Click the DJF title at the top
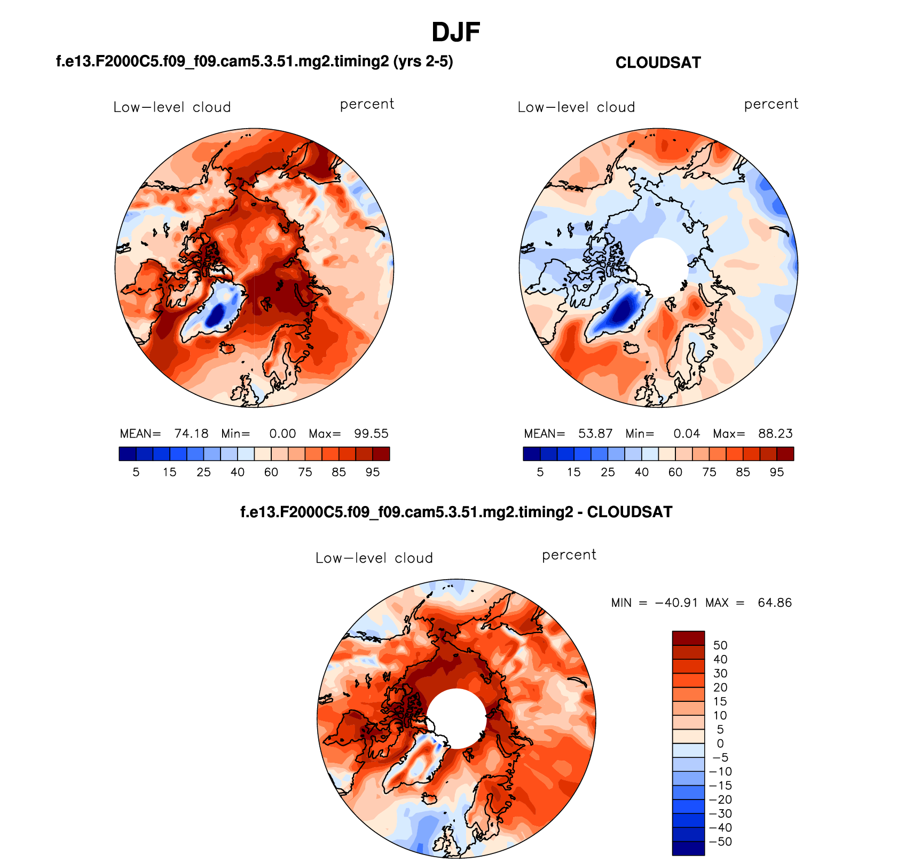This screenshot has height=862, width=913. click(x=455, y=33)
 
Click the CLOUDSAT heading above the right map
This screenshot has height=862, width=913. click(x=658, y=63)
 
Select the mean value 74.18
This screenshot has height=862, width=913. click(x=191, y=433)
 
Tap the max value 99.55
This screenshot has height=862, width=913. click(x=371, y=433)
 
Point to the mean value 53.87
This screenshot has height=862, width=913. click(x=595, y=433)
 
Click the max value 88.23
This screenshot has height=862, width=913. click(x=775, y=433)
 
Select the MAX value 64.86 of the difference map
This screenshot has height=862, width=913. click(x=775, y=603)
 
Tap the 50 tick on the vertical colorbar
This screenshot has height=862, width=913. click(x=720, y=645)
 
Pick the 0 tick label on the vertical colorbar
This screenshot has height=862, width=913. click(x=720, y=744)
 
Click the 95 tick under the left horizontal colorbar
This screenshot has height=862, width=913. click(x=373, y=472)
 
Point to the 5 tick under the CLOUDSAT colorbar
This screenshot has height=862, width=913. click(x=540, y=472)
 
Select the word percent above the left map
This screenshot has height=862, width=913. click(x=367, y=104)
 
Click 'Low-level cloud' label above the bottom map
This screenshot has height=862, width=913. click(x=374, y=558)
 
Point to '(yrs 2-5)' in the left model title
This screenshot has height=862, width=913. click(x=423, y=62)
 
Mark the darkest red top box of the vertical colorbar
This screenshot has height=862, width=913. click(x=688, y=638)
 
